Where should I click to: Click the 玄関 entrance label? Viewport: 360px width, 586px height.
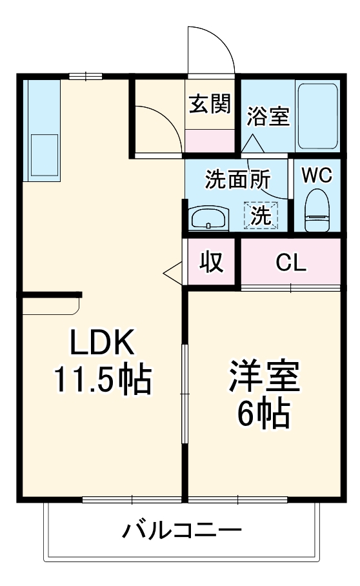point(210,104)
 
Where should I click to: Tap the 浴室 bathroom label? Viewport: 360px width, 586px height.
point(268,117)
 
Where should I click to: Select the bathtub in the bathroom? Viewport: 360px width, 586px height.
point(317,116)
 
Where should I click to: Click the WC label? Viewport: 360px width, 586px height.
point(316,174)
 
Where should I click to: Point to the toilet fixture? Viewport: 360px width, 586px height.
point(316,210)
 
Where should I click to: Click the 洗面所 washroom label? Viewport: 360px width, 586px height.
point(237,179)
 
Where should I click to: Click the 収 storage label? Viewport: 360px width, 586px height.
point(210,262)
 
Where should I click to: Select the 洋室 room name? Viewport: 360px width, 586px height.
point(265,378)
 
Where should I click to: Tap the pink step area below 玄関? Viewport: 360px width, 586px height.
point(210,140)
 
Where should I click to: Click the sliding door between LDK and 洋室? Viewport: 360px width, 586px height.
point(185,394)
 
